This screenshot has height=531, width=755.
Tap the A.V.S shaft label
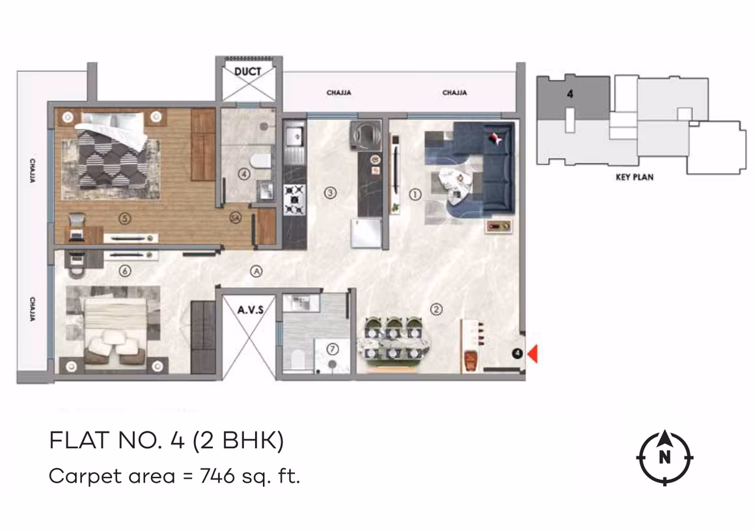[250, 310]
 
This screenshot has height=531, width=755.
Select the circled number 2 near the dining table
[437, 310]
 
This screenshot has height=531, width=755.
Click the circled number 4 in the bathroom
[243, 174]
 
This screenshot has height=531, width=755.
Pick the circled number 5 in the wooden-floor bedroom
[126, 219]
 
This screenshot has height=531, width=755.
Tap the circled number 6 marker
[126, 270]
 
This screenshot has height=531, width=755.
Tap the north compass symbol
[665, 457]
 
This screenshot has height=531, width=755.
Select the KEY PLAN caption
[634, 176]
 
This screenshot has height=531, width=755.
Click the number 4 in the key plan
[570, 94]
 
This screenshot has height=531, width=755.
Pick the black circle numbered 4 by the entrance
[517, 353]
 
